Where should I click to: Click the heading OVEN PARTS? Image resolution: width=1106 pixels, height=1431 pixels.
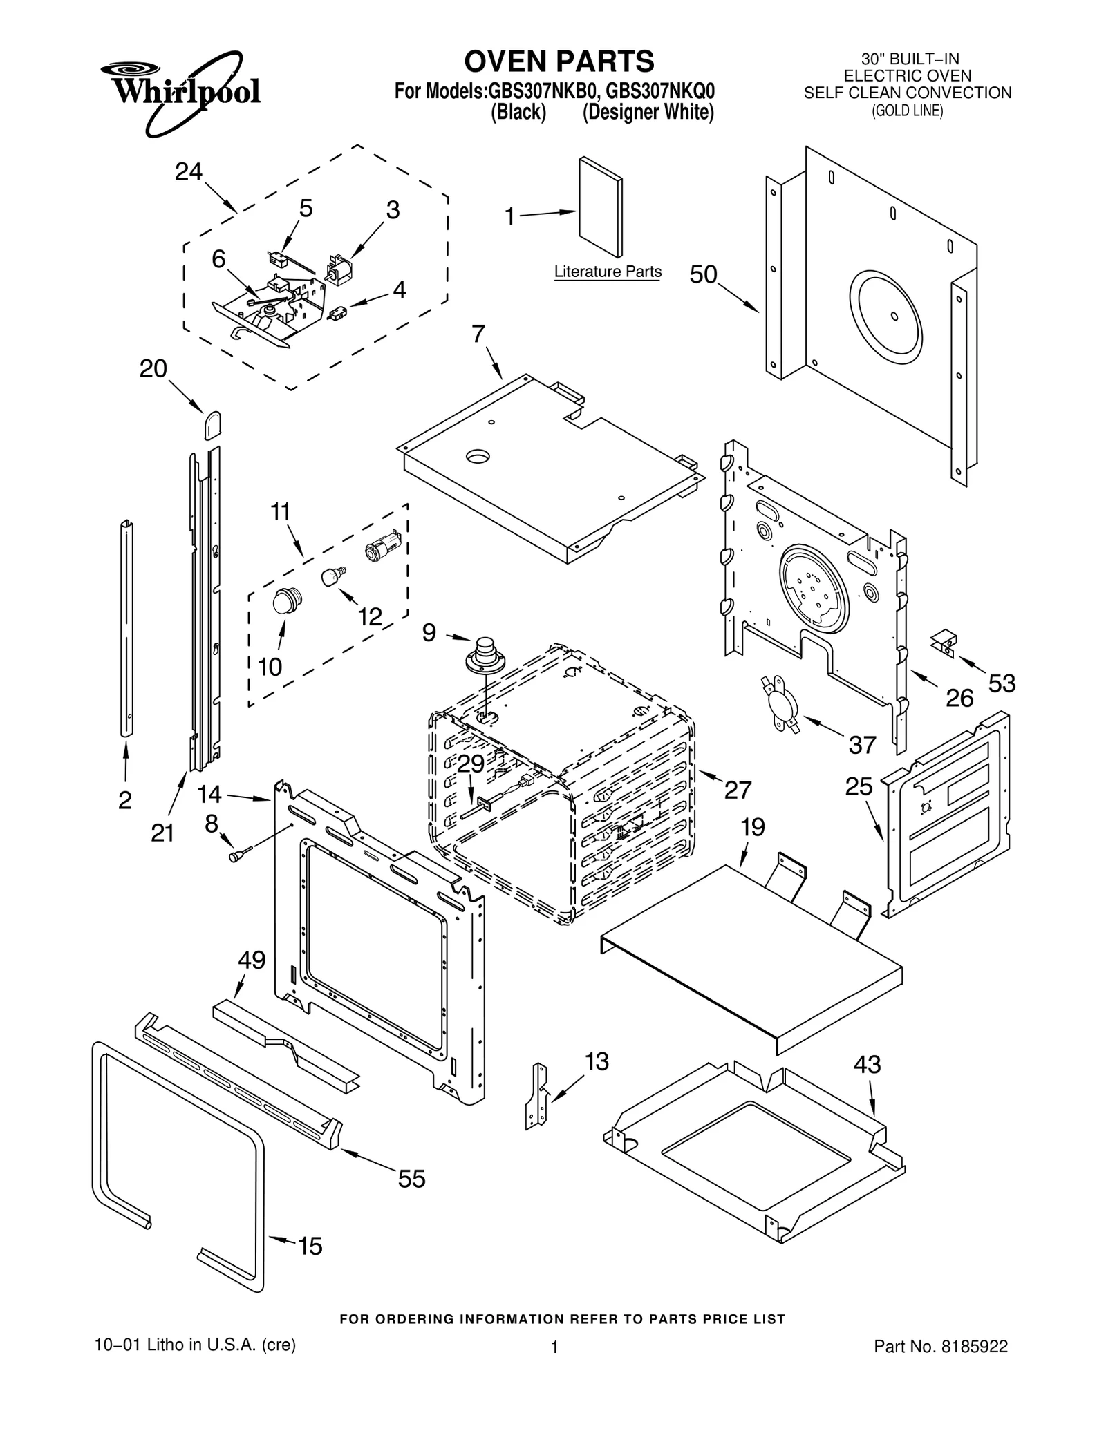click(x=559, y=61)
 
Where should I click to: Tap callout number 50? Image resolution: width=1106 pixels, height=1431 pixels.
click(x=703, y=275)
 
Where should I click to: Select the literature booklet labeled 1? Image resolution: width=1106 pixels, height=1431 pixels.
click(x=600, y=207)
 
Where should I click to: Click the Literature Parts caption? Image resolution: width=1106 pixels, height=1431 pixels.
click(x=607, y=272)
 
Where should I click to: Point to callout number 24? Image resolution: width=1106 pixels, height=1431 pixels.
click(x=188, y=171)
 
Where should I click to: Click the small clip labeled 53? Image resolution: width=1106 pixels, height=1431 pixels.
click(x=944, y=642)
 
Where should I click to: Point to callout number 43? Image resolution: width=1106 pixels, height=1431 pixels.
click(x=867, y=1064)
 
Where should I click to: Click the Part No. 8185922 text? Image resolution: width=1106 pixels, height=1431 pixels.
click(x=940, y=1346)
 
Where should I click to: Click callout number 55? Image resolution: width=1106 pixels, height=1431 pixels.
click(x=411, y=1179)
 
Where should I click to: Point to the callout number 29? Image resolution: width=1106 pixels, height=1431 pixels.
click(x=471, y=763)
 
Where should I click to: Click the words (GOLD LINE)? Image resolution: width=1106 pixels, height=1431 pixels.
click(x=907, y=111)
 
